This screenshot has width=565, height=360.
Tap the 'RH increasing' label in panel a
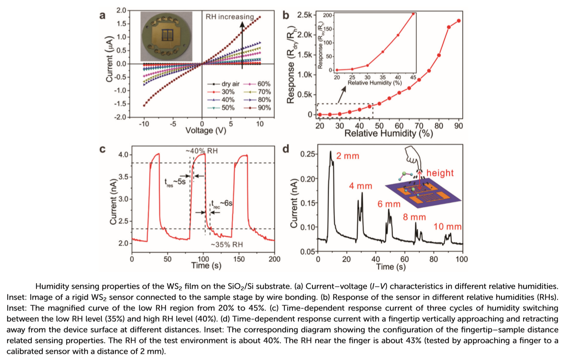click(230, 17)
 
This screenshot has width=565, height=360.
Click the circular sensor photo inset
click(166, 36)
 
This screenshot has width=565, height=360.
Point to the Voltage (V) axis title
click(206, 131)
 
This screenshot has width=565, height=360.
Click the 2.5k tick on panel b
click(305, 15)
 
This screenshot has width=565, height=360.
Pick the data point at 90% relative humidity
click(459, 21)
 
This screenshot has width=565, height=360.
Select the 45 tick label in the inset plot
click(413, 77)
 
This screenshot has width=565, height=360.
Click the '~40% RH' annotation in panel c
click(202, 151)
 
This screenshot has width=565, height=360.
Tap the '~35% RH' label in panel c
click(227, 245)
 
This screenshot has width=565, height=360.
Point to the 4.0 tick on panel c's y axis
click(123, 155)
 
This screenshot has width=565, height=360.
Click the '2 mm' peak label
click(348, 156)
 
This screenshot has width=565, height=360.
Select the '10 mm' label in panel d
click(447, 227)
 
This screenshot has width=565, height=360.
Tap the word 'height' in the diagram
click(440, 173)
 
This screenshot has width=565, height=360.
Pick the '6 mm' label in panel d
click(389, 204)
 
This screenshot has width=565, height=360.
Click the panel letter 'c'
click(102, 149)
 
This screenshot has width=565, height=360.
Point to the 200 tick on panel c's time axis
click(275, 259)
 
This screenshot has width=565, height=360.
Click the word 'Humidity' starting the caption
click(52, 286)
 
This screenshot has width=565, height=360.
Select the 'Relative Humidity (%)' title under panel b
click(388, 134)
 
